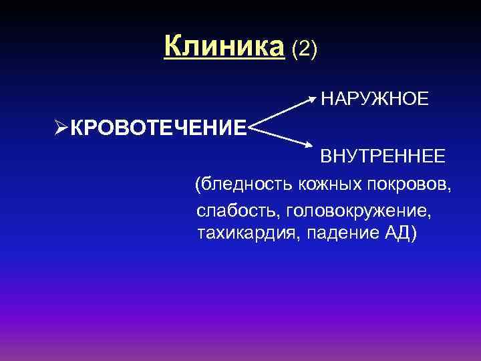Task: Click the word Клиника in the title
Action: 224,47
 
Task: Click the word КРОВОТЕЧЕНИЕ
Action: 158,127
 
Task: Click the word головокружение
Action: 358,211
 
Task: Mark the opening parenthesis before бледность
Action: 197,185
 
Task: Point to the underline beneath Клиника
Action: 224,60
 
